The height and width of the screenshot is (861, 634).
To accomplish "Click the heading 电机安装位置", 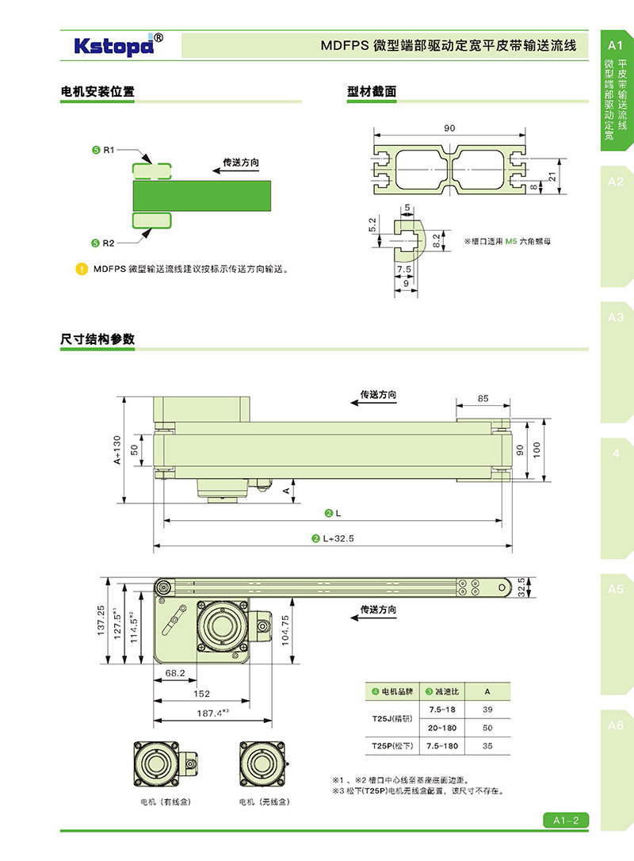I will (97, 91).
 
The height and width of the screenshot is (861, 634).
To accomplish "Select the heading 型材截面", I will (372, 91).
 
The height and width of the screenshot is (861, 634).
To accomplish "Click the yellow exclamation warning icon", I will (81, 269).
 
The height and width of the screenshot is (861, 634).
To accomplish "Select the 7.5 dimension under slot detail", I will (403, 269).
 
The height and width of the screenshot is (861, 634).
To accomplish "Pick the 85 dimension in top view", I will (483, 399).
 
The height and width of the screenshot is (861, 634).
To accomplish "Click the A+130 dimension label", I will (116, 449).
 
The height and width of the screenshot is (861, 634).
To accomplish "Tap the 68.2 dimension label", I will (174, 673).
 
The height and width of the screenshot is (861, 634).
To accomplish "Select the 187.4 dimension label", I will (212, 713).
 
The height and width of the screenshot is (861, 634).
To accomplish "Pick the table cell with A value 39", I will (487, 710).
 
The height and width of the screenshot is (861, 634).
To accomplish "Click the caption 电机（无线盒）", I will (264, 802).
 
